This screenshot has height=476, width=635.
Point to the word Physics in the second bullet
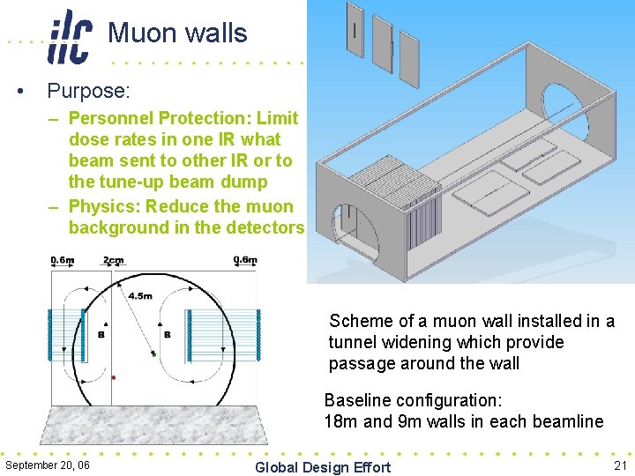pyautogui.click(x=105, y=206)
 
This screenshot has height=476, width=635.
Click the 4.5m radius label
pyautogui.click(x=141, y=296)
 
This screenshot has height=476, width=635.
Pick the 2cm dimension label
pyautogui.click(x=114, y=261)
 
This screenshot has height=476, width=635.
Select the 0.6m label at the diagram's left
pyautogui.click(x=63, y=261)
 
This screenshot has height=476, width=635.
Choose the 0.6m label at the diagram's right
pyautogui.click(x=245, y=261)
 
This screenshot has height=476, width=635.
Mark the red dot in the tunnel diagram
pyautogui.click(x=114, y=377)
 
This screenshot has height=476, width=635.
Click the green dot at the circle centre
pyautogui.click(x=153, y=354)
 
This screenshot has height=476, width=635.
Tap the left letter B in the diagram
pyautogui.click(x=101, y=335)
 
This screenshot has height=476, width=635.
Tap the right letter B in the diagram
pyautogui.click(x=167, y=335)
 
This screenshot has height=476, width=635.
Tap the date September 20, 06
pyautogui.click(x=48, y=465)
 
